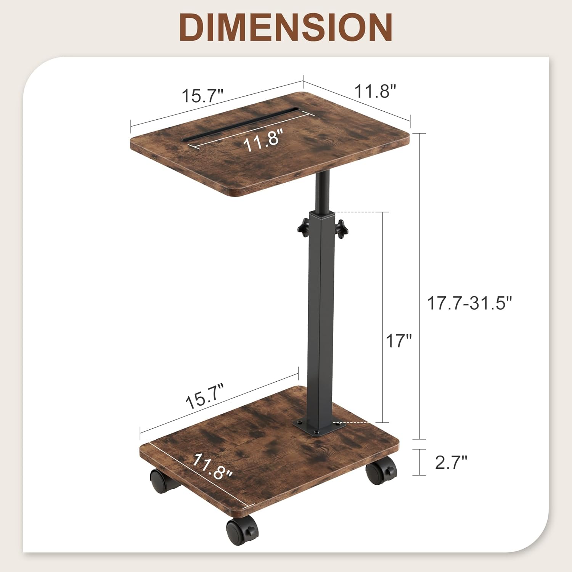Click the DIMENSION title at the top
click(x=286, y=27)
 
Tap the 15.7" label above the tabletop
click(x=202, y=95)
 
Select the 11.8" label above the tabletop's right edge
click(x=376, y=92)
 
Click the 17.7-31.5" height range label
click(x=469, y=304)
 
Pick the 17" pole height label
click(x=399, y=341)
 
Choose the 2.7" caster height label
click(x=451, y=463)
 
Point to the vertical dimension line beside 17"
click(x=382, y=317)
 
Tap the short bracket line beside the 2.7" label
click(x=420, y=462)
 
